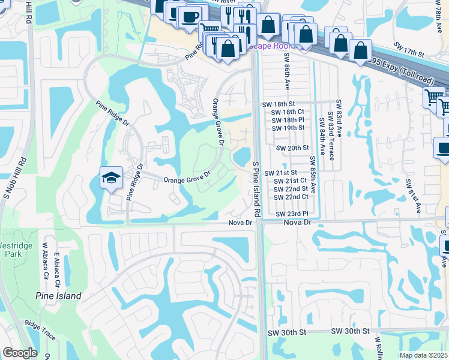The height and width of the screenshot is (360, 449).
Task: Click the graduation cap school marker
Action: tap(111, 178)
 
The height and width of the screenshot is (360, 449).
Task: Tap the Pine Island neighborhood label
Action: tap(58, 296)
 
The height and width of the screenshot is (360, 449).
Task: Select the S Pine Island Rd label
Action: tap(256, 188)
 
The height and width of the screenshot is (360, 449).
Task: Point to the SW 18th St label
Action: tap(284, 104)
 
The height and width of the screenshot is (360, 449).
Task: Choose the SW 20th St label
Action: tap(292, 148)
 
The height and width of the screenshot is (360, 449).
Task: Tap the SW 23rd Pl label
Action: tap(292, 214)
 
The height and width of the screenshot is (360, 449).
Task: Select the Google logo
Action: tap(19, 353)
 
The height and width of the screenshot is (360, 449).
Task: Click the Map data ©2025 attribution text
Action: tap(424, 355)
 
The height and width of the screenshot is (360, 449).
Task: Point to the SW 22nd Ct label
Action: tap(291, 197)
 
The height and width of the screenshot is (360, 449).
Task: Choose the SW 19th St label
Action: tap(288, 128)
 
